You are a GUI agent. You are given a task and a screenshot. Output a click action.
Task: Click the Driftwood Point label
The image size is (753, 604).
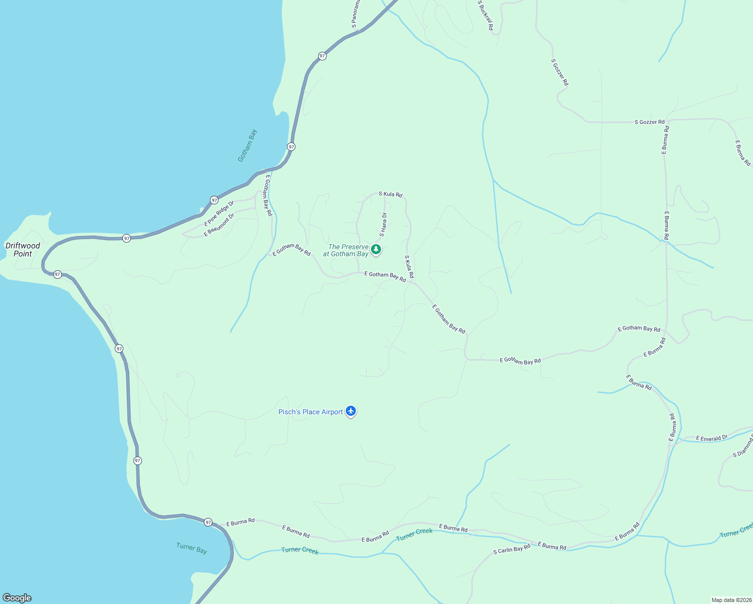[x=23, y=250]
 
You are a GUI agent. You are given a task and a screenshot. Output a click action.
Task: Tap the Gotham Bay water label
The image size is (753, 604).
[x=248, y=146]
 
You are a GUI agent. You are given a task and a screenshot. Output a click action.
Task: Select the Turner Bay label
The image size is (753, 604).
[x=192, y=548]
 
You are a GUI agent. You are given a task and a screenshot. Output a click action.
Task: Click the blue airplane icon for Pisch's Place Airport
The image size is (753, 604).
[x=351, y=411]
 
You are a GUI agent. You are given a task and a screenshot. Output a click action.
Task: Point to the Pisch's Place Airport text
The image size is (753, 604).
[x=311, y=412]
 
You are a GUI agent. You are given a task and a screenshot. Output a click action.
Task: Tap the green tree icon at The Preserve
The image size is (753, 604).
[x=375, y=249]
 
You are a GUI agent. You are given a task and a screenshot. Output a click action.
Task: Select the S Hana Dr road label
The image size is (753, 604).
[x=384, y=224]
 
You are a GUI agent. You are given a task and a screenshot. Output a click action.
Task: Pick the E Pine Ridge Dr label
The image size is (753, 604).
[x=219, y=213]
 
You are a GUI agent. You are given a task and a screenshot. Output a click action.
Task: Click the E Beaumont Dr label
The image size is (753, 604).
[x=219, y=225]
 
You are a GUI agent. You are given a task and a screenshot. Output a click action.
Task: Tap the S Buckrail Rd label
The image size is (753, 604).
[x=485, y=15]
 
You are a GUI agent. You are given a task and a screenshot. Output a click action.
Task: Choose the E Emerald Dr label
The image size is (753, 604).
[x=712, y=438]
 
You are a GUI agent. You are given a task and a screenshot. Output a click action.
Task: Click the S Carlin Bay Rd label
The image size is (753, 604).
[x=512, y=549]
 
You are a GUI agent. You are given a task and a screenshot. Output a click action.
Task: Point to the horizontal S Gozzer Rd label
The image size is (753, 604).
[x=649, y=122]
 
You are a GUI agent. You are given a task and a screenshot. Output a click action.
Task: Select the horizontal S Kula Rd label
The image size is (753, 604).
[x=391, y=194]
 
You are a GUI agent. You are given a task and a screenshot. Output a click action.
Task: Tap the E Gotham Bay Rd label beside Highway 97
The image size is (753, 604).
[x=266, y=196]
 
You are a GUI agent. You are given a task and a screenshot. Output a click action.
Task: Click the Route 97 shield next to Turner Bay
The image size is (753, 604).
[x=208, y=522]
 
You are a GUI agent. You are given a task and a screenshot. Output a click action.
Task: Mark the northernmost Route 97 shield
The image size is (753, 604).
[x=322, y=56]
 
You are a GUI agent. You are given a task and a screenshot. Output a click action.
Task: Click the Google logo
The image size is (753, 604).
[x=17, y=598]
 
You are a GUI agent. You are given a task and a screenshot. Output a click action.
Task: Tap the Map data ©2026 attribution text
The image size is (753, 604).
[x=731, y=600]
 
